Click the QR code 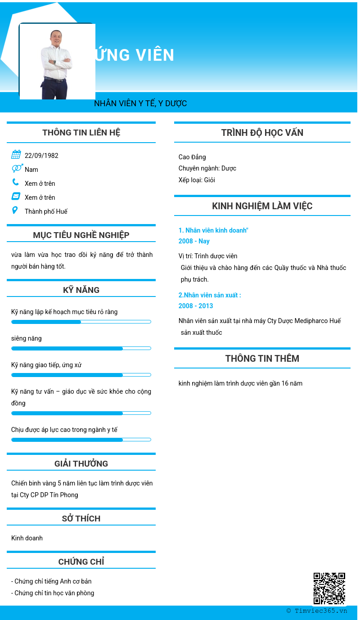[x=329, y=588]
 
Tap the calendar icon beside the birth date [x=16, y=155]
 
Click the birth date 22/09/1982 [x=41, y=156]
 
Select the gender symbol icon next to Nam [x=17, y=168]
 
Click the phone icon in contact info [x=16, y=182]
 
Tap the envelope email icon [x=16, y=196]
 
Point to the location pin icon [x=15, y=210]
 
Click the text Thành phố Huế [x=46, y=211]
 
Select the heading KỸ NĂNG [x=81, y=290]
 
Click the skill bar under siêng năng [x=81, y=348]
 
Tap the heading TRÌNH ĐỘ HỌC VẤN [x=262, y=133]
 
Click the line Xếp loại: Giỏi [x=197, y=180]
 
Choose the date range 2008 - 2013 [x=196, y=306]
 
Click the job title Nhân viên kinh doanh [x=213, y=230]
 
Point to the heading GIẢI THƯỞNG [x=81, y=464]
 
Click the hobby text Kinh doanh [x=27, y=538]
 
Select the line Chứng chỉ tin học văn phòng [x=53, y=593]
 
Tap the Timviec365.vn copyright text [x=317, y=611]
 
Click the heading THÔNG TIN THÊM [x=262, y=359]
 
